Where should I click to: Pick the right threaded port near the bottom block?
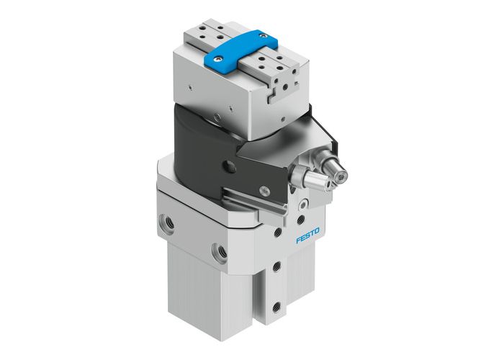[218, 252]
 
